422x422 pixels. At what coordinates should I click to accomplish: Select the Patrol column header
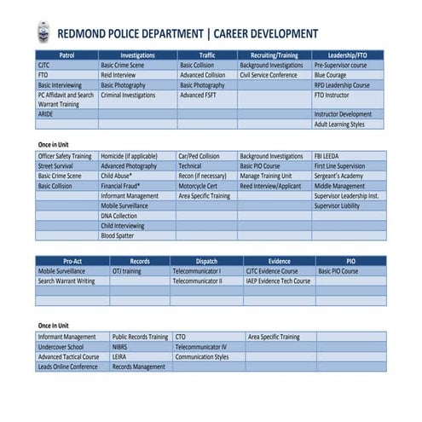(x=66, y=55)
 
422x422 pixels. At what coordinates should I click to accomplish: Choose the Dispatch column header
(x=206, y=261)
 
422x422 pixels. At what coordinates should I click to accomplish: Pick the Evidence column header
(x=279, y=261)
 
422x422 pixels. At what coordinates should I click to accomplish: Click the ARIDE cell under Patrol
(x=45, y=114)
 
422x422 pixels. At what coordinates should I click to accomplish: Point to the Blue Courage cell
(x=331, y=75)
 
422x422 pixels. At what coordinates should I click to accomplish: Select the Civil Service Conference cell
(x=269, y=75)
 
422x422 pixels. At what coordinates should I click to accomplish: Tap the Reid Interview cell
(x=119, y=75)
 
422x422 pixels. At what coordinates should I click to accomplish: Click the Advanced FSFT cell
(x=199, y=95)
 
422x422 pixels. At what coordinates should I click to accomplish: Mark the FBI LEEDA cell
(x=327, y=157)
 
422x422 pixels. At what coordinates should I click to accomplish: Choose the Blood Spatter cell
(x=118, y=236)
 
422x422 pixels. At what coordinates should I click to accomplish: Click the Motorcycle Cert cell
(x=198, y=186)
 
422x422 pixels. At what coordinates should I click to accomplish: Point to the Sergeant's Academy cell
(x=339, y=176)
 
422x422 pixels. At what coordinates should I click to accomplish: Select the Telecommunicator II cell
(x=198, y=280)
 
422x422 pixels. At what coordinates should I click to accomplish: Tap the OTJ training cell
(x=127, y=271)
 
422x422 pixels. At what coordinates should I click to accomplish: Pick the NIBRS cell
(x=119, y=347)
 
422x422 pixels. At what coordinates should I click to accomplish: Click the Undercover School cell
(x=61, y=347)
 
